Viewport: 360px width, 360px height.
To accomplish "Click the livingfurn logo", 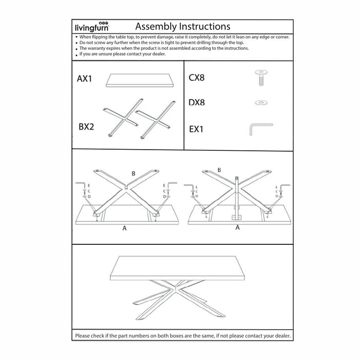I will (x=92, y=27).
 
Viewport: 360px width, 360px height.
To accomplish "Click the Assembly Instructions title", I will (x=182, y=26).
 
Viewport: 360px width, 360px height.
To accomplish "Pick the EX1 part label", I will (x=196, y=129).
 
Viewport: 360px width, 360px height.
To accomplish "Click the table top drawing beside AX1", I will (x=138, y=80).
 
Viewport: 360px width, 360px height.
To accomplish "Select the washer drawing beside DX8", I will (x=260, y=103).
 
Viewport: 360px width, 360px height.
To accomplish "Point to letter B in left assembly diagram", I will (x=134, y=174).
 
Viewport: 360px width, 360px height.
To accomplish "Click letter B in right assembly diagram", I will (x=220, y=169).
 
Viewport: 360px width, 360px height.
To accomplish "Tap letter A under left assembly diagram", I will (x=124, y=229).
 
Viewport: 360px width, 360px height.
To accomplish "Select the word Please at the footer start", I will (x=83, y=336).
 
